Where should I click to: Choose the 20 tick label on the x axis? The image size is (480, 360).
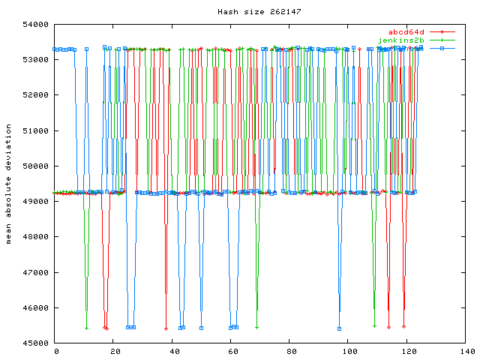tap(114, 351)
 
